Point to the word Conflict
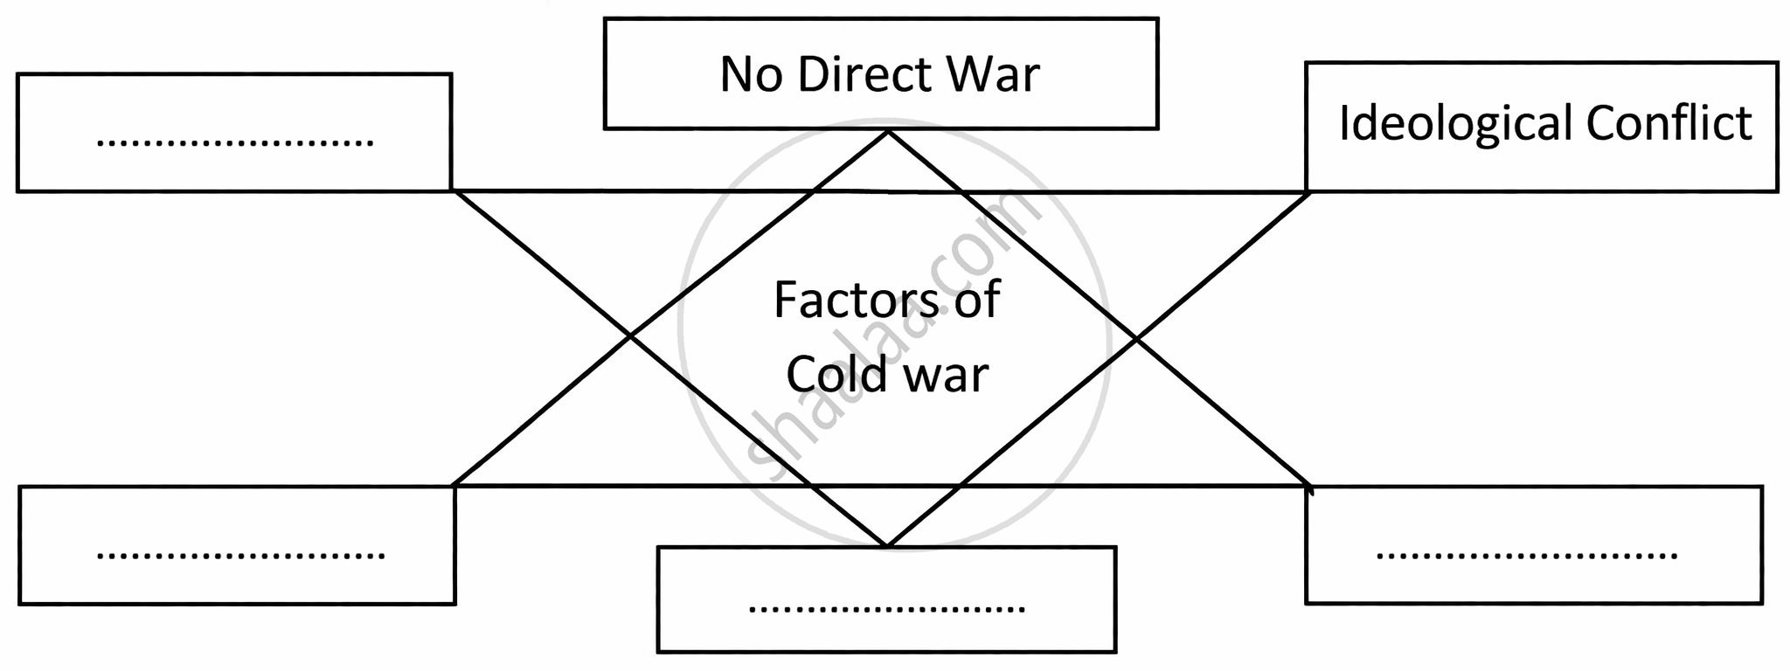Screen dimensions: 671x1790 coord(1669,123)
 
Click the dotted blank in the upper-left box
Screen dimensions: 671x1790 coord(234,142)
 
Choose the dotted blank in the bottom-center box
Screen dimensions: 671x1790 coord(886,607)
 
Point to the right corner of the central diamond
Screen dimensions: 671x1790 coord(1136,337)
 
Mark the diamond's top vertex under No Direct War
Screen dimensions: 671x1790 coord(887,132)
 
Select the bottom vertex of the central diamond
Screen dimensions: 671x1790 coord(886,546)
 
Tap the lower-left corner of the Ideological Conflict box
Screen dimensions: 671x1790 coord(1308,190)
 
